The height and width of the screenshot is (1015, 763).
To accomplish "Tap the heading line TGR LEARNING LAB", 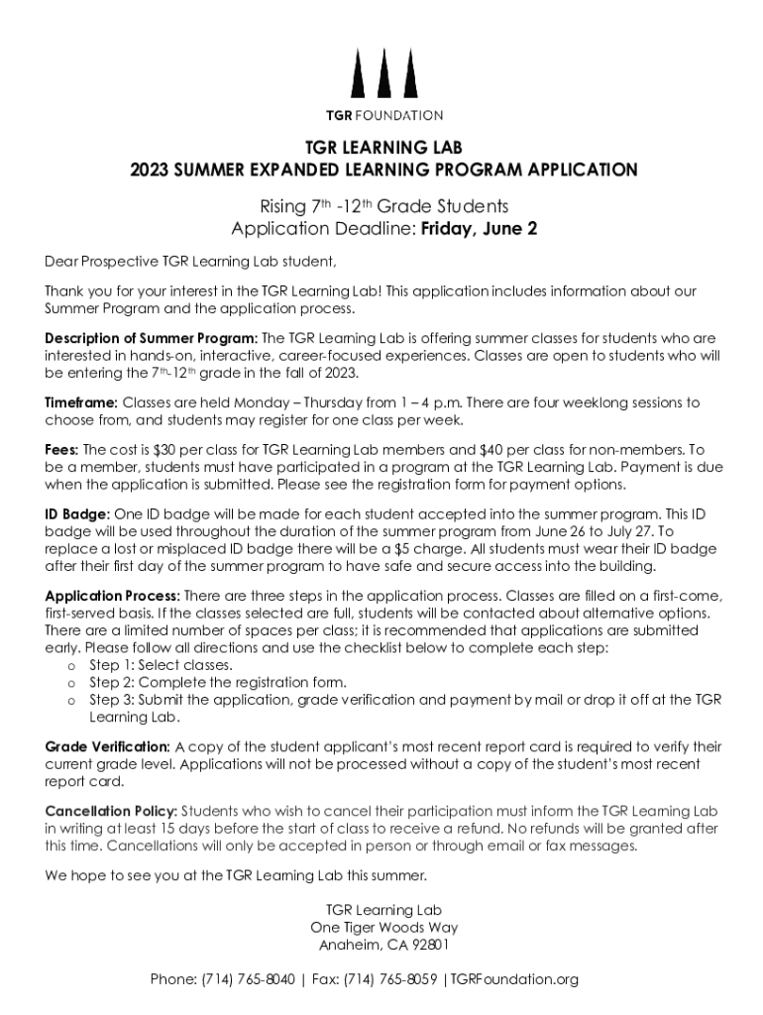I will point(383,148).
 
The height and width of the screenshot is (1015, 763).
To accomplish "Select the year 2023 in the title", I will point(150,169).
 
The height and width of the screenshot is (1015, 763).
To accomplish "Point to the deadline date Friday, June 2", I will point(480,229).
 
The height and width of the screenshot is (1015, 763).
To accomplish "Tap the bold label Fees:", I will point(62,449).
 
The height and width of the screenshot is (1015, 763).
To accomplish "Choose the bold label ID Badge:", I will point(78,513).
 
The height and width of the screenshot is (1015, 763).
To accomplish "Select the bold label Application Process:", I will point(112,596).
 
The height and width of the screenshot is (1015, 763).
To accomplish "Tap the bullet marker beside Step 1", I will point(71,666).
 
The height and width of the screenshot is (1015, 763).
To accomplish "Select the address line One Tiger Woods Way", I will point(383,928).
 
